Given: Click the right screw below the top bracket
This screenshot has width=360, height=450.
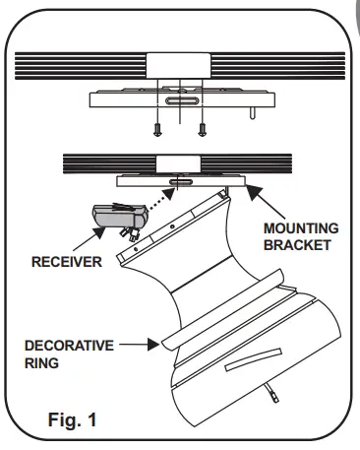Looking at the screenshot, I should tap(202, 128).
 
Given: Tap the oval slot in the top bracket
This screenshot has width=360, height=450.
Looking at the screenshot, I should tap(181, 100).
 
